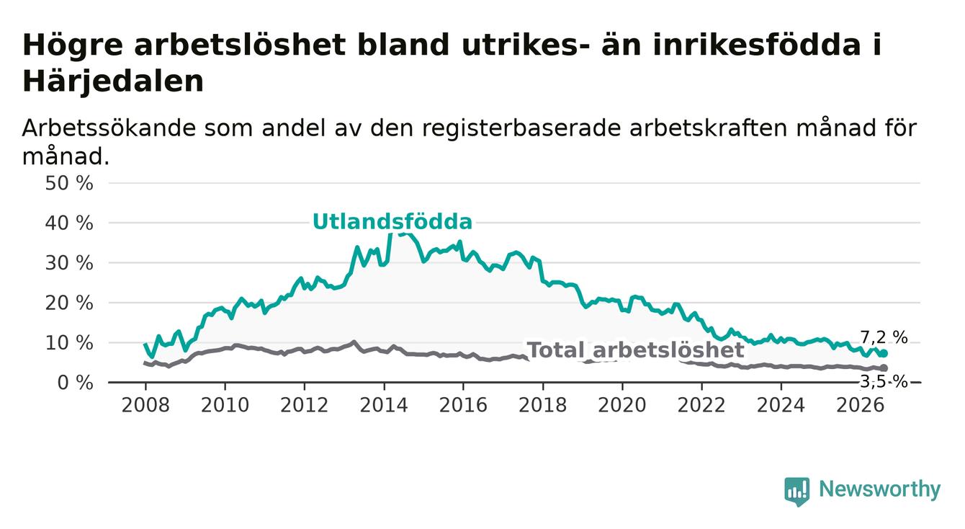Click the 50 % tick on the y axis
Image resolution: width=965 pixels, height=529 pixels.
[69, 183]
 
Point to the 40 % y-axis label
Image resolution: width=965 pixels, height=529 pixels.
[69, 223]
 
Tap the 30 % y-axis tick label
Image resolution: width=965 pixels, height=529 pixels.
[69, 263]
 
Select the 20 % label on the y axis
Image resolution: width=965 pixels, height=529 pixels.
[69, 303]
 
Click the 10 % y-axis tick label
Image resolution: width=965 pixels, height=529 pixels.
[69, 343]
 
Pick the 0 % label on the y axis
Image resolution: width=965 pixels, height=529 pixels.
[75, 383]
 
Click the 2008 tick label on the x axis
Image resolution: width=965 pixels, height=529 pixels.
[145, 405]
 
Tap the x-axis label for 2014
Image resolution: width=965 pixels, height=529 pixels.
[384, 405]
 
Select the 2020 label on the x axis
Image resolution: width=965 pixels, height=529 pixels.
[622, 405]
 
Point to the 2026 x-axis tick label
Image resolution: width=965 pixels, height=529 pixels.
[861, 405]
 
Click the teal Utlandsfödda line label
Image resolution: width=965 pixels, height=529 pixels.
[392, 222]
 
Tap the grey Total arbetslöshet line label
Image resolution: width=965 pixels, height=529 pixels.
[636, 350]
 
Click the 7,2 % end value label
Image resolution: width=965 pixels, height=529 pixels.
[884, 337]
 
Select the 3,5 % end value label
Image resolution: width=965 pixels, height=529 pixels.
[884, 382]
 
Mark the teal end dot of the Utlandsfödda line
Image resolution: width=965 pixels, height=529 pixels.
[884, 354]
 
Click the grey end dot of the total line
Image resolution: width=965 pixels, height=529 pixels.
[884, 368]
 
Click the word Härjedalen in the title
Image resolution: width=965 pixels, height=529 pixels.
[113, 81]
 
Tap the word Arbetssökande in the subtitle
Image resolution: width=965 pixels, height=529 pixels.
[109, 128]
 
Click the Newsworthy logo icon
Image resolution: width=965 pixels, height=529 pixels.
[796, 492]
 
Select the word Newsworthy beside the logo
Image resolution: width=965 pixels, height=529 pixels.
[880, 489]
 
